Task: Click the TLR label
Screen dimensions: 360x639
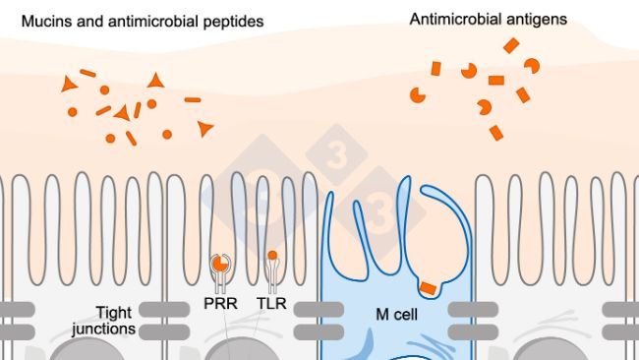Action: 272,306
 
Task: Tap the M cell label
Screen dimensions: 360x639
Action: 397,315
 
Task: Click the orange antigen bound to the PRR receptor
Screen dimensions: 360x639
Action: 221,264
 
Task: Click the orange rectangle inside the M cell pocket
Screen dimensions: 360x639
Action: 427,287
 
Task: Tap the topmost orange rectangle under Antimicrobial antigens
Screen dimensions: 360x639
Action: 510,45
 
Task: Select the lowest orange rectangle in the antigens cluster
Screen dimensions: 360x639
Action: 496,132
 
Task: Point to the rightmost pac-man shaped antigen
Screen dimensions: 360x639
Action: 531,66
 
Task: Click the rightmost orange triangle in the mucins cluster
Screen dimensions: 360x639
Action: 204,128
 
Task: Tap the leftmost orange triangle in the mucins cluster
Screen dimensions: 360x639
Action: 69,85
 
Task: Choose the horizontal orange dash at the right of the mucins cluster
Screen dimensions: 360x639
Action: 193,99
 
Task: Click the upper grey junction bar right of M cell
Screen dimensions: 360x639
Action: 469,309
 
